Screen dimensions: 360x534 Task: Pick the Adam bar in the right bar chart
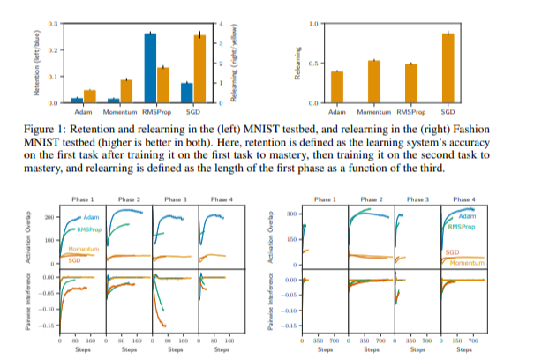(337, 87)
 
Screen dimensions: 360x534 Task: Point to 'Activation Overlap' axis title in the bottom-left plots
(35, 236)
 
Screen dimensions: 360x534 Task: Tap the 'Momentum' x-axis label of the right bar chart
(373, 113)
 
